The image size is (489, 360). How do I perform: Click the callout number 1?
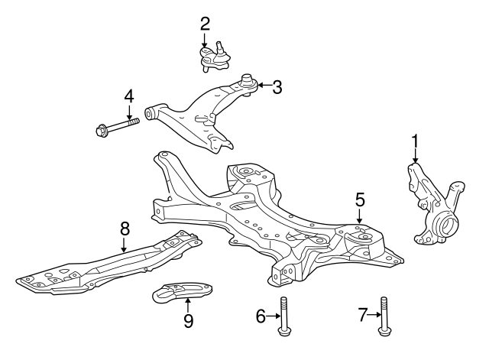(416, 141)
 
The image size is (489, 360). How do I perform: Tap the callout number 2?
(205, 23)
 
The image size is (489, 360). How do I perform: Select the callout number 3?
(277, 87)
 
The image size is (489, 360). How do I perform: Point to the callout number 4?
(129, 97)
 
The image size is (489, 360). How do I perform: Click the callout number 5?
(360, 199)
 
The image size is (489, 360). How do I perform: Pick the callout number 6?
(261, 315)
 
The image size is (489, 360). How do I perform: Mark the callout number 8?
(124, 227)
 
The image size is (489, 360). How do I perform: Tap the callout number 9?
(188, 320)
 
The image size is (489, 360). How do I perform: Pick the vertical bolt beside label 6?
(284, 316)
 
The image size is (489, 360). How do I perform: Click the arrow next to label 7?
(374, 314)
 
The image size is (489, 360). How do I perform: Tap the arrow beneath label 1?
(416, 156)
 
